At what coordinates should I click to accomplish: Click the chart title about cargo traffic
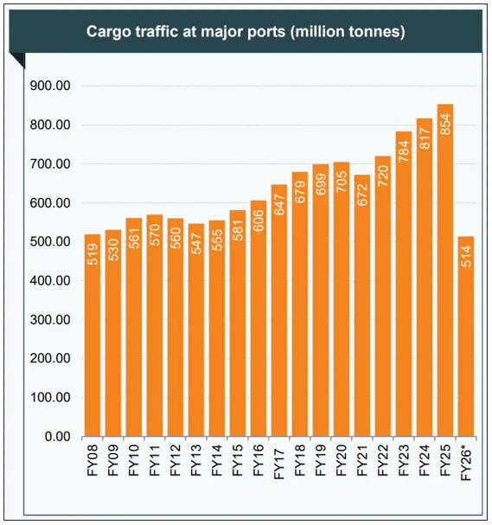[246, 32]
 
